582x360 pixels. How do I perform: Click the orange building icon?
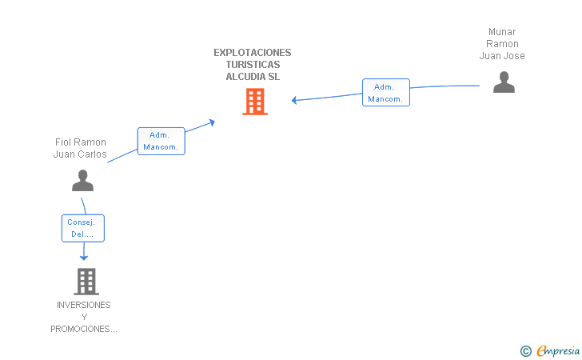255,102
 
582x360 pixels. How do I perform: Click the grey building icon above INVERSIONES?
86,281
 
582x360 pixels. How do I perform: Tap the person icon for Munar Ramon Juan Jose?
504,82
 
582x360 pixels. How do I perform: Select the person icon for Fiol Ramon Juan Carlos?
82,181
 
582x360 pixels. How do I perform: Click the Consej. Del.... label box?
83,228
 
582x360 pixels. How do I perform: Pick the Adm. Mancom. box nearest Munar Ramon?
386,93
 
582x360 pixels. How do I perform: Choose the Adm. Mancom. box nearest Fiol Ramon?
161,141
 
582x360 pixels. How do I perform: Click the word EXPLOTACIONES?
253,53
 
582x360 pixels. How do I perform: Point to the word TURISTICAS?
253,65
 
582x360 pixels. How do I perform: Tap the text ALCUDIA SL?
253,77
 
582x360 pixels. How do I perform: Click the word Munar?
502,32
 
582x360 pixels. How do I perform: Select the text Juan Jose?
502,56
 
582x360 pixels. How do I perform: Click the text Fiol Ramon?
80,142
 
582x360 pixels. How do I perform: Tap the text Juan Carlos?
80,154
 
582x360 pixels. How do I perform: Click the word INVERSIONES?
84,305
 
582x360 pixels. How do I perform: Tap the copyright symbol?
525,350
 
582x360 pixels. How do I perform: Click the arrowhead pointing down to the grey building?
83,257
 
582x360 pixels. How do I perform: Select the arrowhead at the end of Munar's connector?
295,100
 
